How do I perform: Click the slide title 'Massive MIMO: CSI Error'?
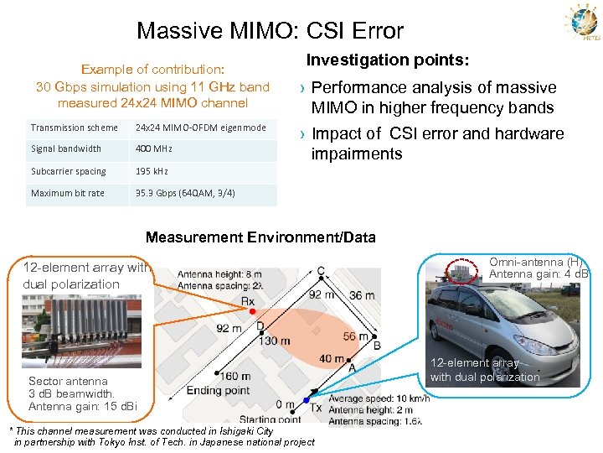pos(270,31)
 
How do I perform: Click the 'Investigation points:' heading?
pos(387,61)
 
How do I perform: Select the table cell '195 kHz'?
pos(152,172)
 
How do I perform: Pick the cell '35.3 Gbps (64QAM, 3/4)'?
pos(185,194)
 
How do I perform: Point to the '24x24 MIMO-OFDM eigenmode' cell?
pos(200,128)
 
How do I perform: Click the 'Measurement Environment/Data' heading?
pos(260,237)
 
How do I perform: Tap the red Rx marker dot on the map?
pos(252,311)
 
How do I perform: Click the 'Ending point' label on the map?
pos(218,390)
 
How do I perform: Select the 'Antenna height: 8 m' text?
pos(219,273)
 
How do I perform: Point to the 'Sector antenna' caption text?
pos(69,382)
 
